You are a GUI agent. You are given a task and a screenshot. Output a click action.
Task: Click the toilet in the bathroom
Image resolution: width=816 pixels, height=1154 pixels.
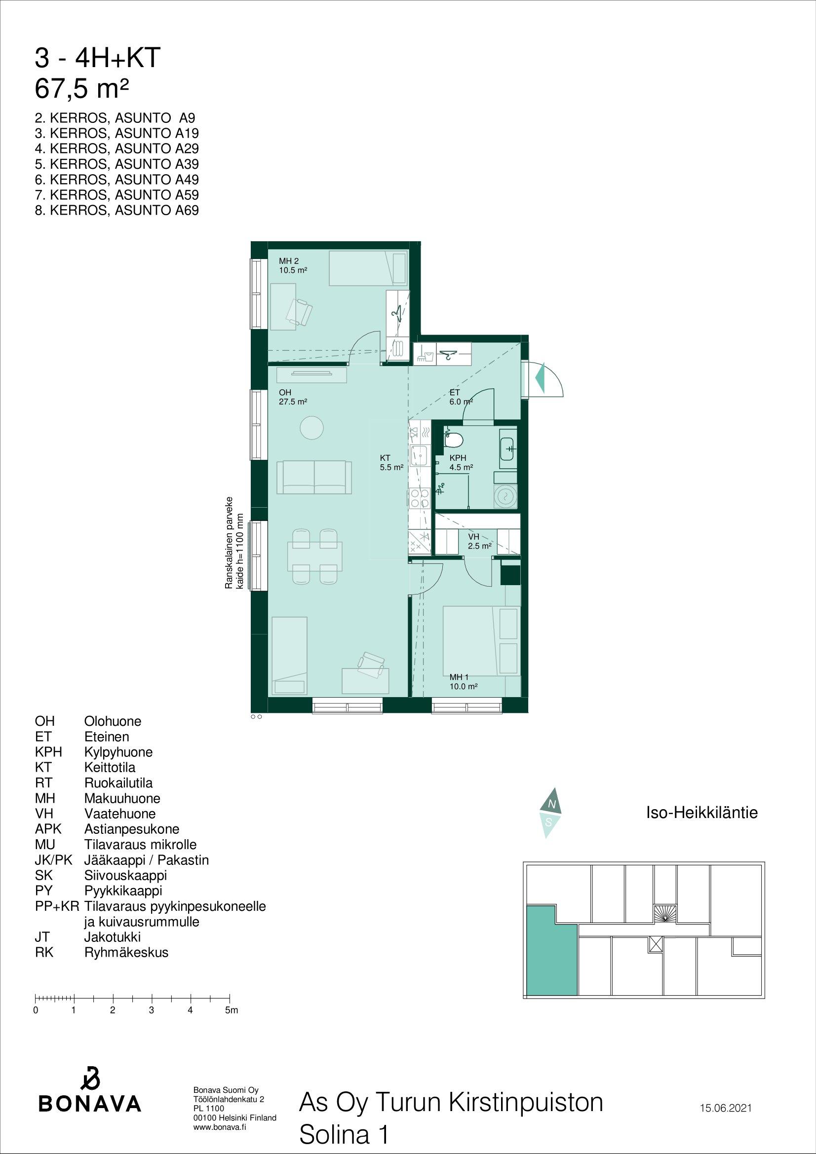pyautogui.click(x=454, y=438)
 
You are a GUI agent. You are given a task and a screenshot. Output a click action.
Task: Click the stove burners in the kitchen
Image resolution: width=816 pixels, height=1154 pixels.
pyautogui.click(x=419, y=498)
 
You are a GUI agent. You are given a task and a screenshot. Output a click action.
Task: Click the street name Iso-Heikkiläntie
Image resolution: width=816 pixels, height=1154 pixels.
pyautogui.click(x=701, y=813)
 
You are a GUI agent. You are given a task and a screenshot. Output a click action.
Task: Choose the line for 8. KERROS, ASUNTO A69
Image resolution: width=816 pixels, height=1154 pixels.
pyautogui.click(x=117, y=210)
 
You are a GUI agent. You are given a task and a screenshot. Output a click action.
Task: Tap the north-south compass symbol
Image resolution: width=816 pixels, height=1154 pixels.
pyautogui.click(x=550, y=820)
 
